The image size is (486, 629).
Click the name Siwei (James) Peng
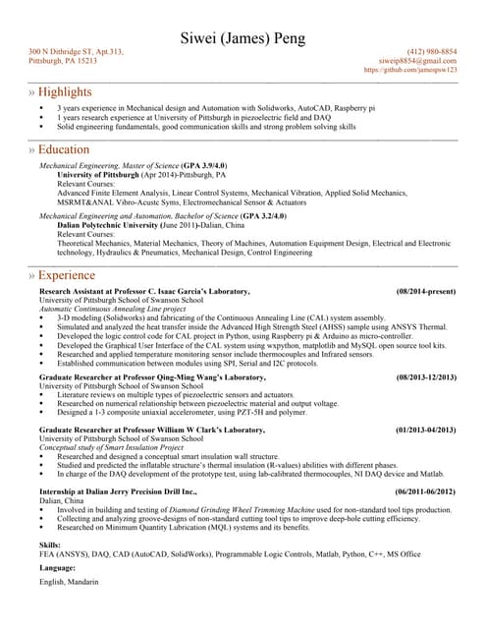[x=243, y=38]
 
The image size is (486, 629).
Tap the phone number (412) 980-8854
[x=431, y=51]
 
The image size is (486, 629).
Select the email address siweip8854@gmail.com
[x=418, y=61]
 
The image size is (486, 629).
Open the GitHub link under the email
[x=409, y=71]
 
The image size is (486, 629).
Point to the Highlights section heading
[x=65, y=91]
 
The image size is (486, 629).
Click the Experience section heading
[x=66, y=276]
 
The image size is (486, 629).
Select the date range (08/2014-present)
[x=426, y=292]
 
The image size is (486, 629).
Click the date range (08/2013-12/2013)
[x=426, y=377]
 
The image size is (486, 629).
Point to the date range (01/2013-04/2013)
[x=425, y=430]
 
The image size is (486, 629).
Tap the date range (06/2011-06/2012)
[x=426, y=491]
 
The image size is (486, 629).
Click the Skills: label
[x=50, y=543]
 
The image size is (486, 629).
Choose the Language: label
[x=58, y=567]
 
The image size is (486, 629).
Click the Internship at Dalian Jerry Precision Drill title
[x=118, y=491]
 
